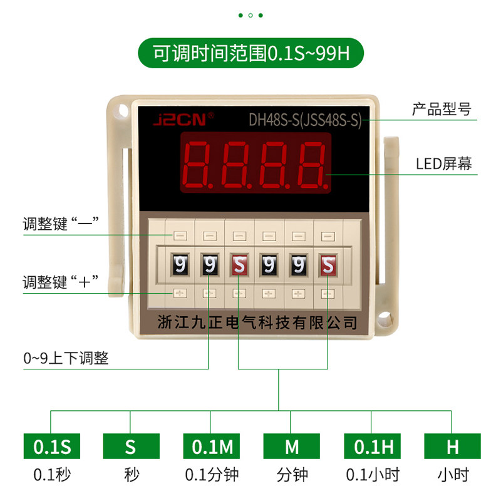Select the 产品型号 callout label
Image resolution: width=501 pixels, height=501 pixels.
pyautogui.click(x=441, y=109)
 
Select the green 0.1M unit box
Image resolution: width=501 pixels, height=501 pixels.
pyautogui.click(x=211, y=447)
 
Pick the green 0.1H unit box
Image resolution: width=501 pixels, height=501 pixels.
pyautogui.click(x=371, y=447)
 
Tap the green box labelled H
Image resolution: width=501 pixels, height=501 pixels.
pyautogui.click(x=452, y=447)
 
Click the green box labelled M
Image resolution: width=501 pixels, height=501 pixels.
pyautogui.click(x=292, y=447)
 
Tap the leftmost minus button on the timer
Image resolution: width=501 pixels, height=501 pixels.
pyautogui.click(x=179, y=236)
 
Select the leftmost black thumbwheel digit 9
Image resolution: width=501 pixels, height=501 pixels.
pyautogui.click(x=178, y=264)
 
